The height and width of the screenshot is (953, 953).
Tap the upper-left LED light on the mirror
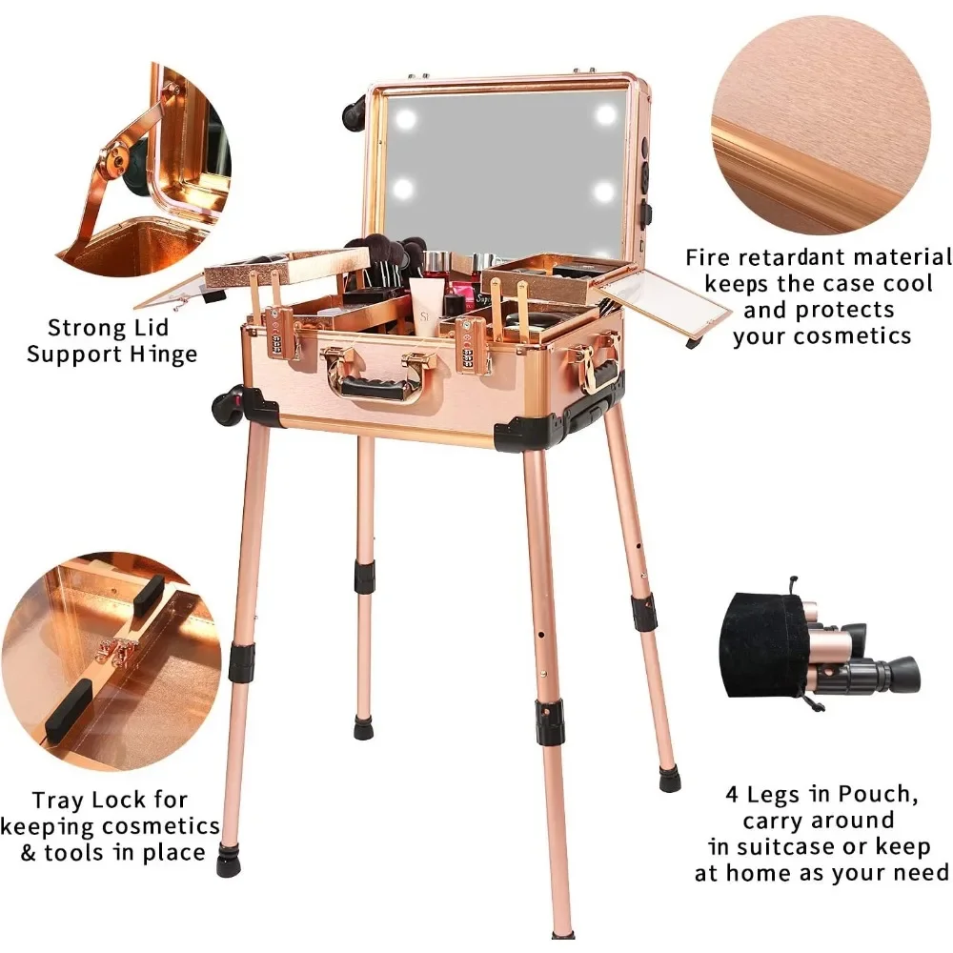[x=405, y=118]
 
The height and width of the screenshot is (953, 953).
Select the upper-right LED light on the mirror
[x=606, y=113]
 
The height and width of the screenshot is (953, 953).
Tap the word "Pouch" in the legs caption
[x=877, y=795]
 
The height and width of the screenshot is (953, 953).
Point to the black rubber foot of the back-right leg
[x=669, y=778]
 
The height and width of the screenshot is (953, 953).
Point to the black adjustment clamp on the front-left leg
[x=241, y=662]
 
